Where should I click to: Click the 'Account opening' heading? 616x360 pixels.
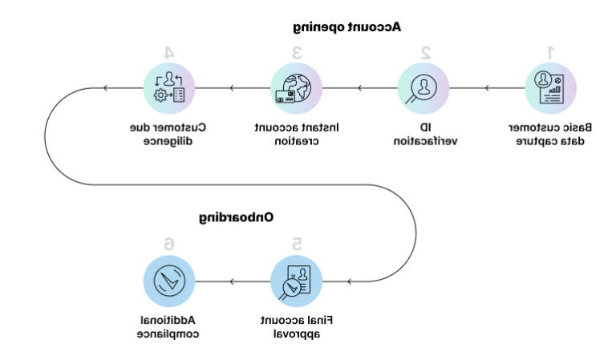click(346, 26)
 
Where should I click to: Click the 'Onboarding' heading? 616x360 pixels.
click(237, 216)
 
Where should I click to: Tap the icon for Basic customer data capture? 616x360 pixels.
click(551, 87)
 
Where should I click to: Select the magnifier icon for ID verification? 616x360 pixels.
click(423, 87)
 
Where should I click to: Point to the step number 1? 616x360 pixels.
click(551, 52)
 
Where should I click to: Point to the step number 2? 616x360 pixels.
click(425, 52)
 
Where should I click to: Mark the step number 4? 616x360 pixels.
click(168, 52)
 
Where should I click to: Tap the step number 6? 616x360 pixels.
click(168, 244)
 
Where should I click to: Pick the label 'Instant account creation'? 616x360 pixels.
click(297, 134)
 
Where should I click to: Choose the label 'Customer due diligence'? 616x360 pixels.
click(168, 134)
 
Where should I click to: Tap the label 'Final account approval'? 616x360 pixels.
click(297, 326)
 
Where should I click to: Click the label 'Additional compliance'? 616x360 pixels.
click(168, 326)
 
